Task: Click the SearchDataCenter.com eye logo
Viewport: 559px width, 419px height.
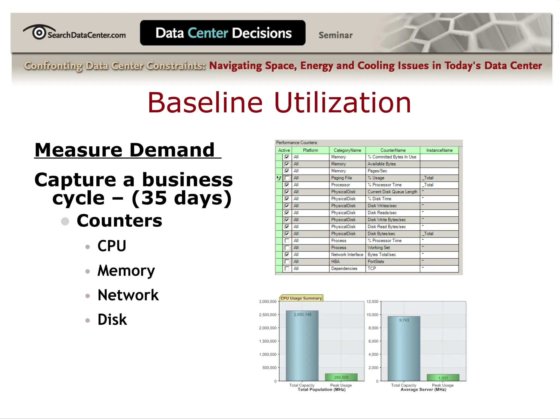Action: (39, 32)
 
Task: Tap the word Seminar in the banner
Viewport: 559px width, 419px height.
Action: (335, 35)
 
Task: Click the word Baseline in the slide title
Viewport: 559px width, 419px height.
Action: (205, 103)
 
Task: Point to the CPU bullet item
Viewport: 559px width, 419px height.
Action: (112, 246)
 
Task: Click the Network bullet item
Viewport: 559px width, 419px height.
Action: (128, 295)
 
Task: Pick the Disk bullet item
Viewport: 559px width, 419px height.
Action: (112, 320)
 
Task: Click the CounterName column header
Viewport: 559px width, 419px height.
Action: (393, 150)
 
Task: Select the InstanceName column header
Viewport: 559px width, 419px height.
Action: (439, 150)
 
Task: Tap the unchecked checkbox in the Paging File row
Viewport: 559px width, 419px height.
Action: (287, 178)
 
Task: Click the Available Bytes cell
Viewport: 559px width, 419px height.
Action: (381, 164)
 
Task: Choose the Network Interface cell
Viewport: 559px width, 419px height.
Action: (347, 255)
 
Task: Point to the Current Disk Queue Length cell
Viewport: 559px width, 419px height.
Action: (392, 192)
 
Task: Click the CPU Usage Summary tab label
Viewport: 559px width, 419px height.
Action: (301, 298)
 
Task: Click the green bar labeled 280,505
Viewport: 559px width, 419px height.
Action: (341, 377)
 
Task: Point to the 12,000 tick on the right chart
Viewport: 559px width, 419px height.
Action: (372, 301)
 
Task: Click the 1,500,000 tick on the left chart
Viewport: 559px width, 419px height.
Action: (268, 341)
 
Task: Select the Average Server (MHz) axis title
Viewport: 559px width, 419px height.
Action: (423, 390)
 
